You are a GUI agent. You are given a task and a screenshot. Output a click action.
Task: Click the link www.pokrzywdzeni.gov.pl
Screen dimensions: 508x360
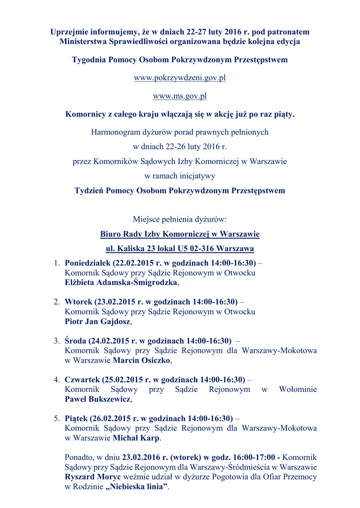pyautogui.click(x=180, y=78)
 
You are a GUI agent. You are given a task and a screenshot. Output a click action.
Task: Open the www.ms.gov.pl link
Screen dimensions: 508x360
pyautogui.click(x=180, y=96)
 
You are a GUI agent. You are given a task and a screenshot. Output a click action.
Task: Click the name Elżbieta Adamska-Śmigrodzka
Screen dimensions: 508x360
pyautogui.click(x=121, y=282)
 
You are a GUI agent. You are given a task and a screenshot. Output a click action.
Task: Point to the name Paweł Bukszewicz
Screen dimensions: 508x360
pyautogui.click(x=98, y=399)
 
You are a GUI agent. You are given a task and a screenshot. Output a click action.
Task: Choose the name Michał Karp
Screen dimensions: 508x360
pyautogui.click(x=136, y=438)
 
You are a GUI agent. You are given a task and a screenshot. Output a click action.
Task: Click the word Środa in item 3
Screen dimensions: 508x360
pyautogui.click(x=75, y=341)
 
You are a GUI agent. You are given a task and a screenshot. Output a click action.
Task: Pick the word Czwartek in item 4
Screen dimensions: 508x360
pyautogui.click(x=82, y=380)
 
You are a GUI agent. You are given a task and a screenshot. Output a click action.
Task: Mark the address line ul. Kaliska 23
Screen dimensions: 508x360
pyautogui.click(x=180, y=248)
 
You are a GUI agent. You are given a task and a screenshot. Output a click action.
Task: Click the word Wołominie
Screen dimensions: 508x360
pyautogui.click(x=298, y=389)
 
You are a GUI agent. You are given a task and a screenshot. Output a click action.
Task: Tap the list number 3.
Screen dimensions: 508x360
pyautogui.click(x=57, y=341)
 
